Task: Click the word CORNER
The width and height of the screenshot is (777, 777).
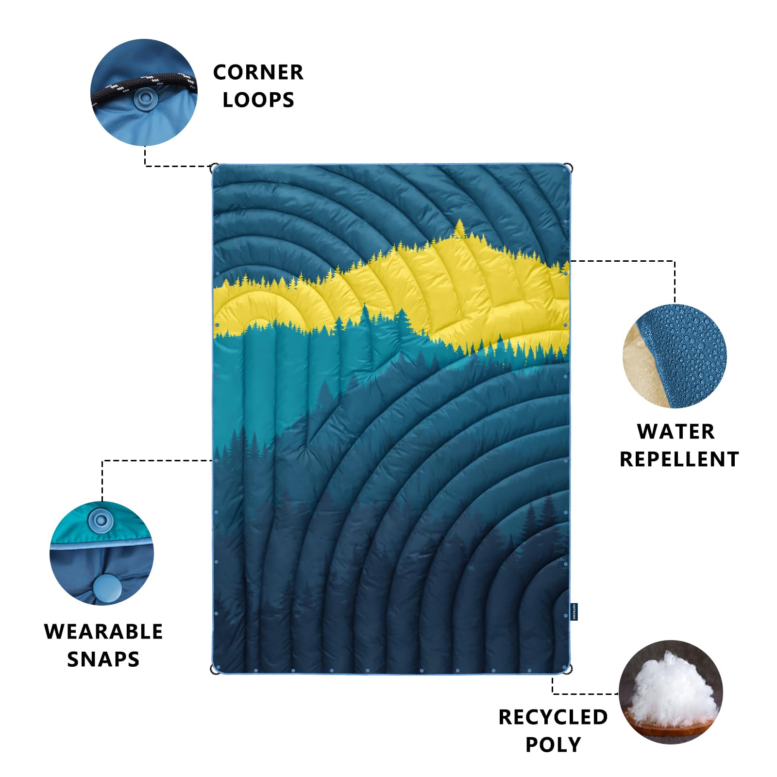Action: click(258, 72)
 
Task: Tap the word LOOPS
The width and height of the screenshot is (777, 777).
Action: click(258, 100)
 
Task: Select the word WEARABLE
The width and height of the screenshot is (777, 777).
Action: click(103, 632)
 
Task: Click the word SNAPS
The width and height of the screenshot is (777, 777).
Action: click(103, 659)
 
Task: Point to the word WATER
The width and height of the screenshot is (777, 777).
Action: click(676, 432)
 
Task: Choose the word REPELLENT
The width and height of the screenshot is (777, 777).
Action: click(679, 459)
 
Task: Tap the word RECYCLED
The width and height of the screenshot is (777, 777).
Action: click(553, 717)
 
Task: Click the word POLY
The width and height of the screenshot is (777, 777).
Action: click(553, 745)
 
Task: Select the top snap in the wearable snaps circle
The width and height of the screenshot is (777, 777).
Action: click(101, 521)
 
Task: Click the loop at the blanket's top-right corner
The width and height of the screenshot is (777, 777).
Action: click(571, 168)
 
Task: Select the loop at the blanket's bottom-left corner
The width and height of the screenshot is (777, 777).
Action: click(213, 670)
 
